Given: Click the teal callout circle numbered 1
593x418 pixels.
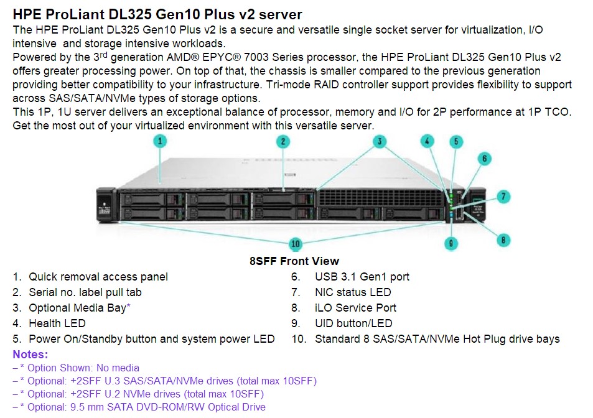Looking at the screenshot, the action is point(160,141).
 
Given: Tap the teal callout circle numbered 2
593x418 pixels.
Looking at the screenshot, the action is point(283,142).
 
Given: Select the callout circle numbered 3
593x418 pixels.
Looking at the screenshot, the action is point(380,142).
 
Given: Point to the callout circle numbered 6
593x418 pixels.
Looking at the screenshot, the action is point(485,159).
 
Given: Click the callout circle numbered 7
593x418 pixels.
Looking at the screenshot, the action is point(503,197).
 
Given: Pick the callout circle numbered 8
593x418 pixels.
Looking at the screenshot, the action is point(503,239).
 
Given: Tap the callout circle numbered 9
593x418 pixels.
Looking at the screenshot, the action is point(451,243).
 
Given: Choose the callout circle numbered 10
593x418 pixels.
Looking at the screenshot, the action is point(296,244).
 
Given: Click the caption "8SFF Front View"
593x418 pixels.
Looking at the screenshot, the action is point(294,261).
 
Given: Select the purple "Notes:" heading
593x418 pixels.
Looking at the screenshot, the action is point(30,355).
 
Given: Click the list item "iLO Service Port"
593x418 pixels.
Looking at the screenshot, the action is point(355,308).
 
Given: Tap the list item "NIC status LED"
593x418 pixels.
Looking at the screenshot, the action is point(353,292).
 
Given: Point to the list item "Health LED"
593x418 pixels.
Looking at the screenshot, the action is point(57,323).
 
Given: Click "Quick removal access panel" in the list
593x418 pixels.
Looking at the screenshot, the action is point(98,277).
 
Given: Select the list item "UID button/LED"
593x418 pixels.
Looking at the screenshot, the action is point(353,323).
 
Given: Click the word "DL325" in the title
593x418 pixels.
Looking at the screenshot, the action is point(129,14).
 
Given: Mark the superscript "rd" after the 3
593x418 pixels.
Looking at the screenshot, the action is point(104,54).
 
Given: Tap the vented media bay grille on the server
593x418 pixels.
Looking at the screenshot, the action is point(380,198).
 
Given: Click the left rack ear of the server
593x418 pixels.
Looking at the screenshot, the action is point(106,205).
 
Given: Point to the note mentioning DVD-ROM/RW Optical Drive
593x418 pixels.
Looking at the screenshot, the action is point(139,407).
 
